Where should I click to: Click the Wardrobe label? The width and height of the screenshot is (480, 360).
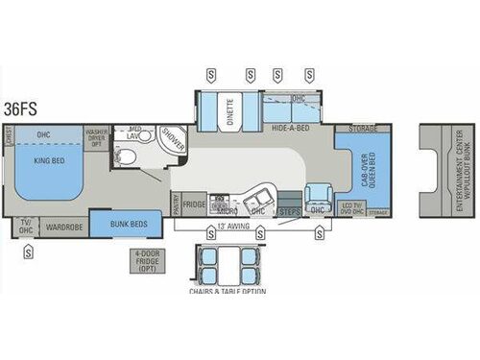click(x=64, y=228)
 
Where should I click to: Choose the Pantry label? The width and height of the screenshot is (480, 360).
click(x=176, y=204)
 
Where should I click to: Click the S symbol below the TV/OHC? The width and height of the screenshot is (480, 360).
click(x=28, y=252)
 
